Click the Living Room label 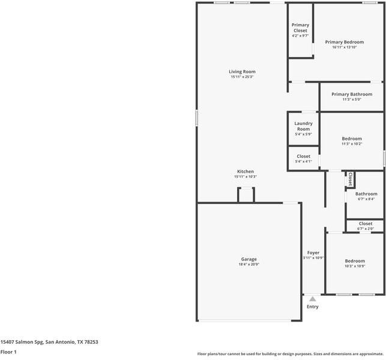click(x=243, y=71)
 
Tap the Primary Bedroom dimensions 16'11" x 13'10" click(x=345, y=47)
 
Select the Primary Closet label click(x=300, y=28)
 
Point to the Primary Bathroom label click(x=352, y=94)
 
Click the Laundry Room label click(x=304, y=126)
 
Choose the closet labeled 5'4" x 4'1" click(x=304, y=159)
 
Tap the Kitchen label click(x=246, y=172)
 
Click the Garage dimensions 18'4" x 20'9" click(x=249, y=264)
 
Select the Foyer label click(x=313, y=253)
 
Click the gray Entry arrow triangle click(x=313, y=299)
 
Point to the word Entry click(x=313, y=307)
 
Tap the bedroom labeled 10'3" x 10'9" click(x=355, y=263)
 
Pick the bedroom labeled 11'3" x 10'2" click(x=352, y=141)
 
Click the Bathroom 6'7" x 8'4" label click(x=366, y=196)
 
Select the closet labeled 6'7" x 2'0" click(x=366, y=226)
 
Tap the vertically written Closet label click(x=351, y=179)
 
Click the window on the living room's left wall click(x=197, y=118)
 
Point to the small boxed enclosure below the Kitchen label click(x=246, y=194)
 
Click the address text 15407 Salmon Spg click(x=22, y=342)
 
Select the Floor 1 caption click(x=8, y=352)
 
